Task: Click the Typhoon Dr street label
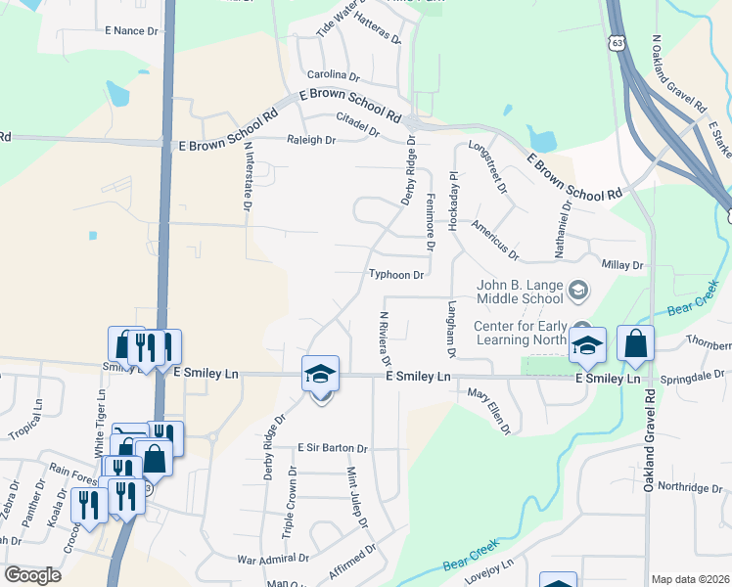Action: coord(396,276)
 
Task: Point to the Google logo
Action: coord(32,575)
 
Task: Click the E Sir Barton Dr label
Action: coord(333,449)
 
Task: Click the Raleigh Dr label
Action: coord(311,141)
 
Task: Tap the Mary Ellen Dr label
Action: coord(488,410)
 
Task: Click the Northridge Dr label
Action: coord(689,487)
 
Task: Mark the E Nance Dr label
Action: coord(131,31)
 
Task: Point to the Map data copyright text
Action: coord(689,579)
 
